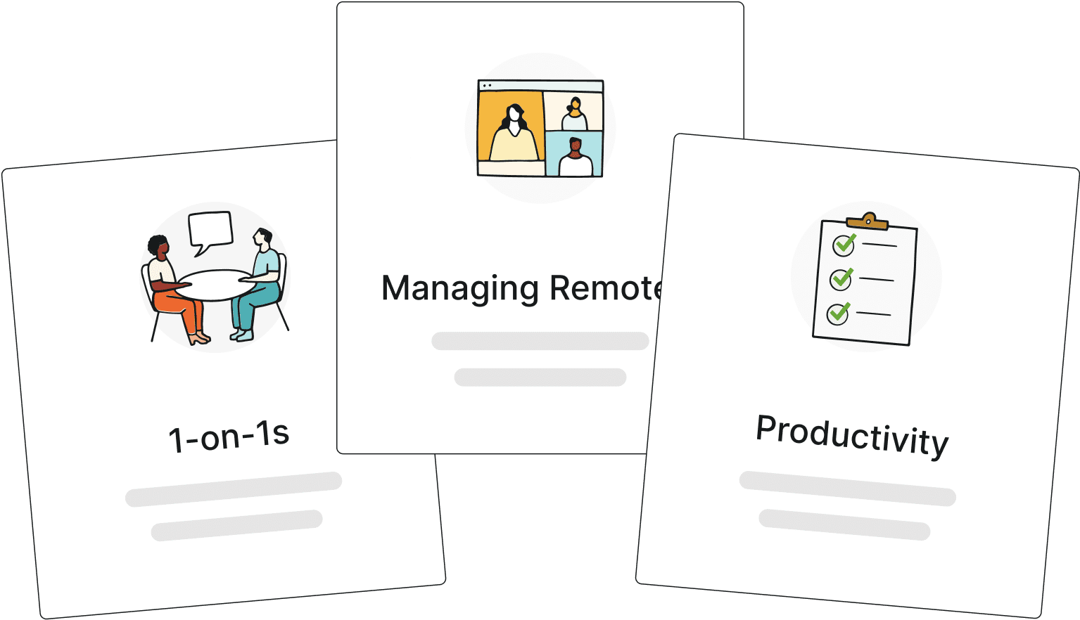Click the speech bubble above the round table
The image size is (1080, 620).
point(210,231)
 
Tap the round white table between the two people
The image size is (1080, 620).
point(215,285)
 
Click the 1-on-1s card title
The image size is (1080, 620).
point(229,436)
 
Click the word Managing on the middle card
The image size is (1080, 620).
point(460,289)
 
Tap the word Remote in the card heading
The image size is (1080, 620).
point(606,288)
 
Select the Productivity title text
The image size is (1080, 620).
point(852,437)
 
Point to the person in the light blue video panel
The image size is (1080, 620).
point(576,157)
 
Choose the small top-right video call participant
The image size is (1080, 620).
point(575,114)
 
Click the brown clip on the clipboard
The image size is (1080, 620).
point(868,221)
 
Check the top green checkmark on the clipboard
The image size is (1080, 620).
point(845,244)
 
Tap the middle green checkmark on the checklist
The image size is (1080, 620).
point(841,279)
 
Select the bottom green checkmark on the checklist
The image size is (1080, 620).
point(839,313)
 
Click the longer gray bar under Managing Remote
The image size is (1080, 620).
point(540,341)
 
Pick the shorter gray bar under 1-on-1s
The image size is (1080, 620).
point(236,525)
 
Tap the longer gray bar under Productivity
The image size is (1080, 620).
point(848,489)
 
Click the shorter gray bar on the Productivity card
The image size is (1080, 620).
point(844,524)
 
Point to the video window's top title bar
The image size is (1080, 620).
point(540,86)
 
